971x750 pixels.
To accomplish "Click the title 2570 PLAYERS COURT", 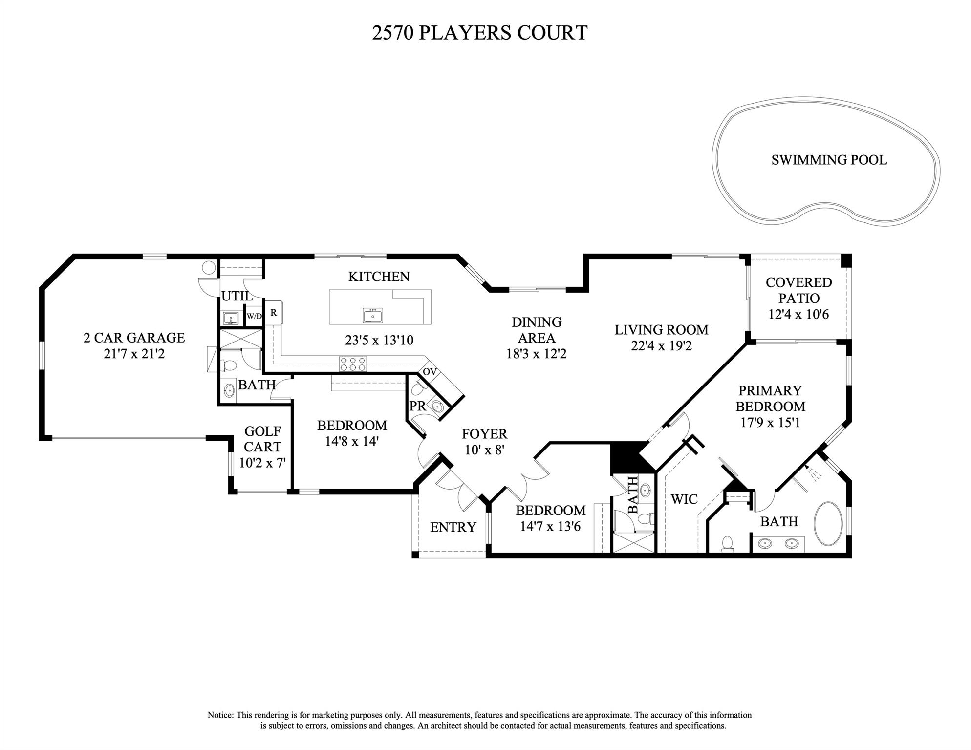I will (x=479, y=33).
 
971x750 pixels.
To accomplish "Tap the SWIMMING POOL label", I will (x=829, y=160).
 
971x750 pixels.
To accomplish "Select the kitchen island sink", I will (x=373, y=315).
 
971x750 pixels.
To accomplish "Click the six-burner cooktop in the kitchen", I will (x=353, y=364).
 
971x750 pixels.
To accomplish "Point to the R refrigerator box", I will (x=274, y=313).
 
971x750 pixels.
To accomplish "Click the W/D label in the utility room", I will (x=254, y=316).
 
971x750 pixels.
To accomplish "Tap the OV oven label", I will (x=430, y=372).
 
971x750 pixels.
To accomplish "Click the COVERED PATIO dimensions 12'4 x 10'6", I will (x=798, y=314).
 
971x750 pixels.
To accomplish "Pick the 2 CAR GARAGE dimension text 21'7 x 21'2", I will (x=134, y=354).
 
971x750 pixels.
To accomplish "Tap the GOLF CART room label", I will (x=262, y=439).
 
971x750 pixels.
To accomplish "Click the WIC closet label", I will (x=684, y=499).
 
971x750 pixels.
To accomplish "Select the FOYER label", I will (x=484, y=434).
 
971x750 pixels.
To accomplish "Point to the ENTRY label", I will (x=453, y=527).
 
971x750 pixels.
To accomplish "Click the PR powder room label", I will (x=417, y=406).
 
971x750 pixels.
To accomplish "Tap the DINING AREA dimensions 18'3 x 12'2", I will (x=536, y=354).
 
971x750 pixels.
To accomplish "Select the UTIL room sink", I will (x=230, y=319).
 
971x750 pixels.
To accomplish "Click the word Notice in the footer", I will (x=221, y=715).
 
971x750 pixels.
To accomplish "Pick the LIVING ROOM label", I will (x=661, y=330).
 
